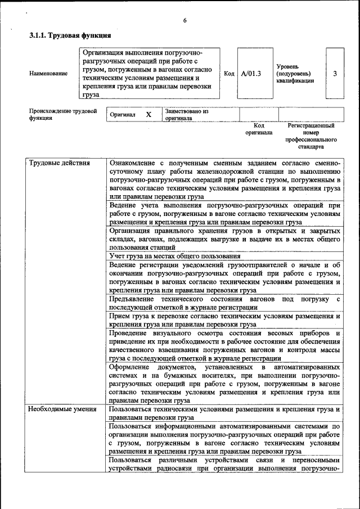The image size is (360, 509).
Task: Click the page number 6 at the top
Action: [x=184, y=21]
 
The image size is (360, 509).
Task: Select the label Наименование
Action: [x=48, y=73]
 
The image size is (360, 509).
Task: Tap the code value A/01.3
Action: [x=251, y=73]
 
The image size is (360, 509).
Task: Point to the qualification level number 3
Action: [x=335, y=73]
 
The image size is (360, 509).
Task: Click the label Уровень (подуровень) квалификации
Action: [x=295, y=73]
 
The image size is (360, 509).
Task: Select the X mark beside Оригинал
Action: [x=148, y=114]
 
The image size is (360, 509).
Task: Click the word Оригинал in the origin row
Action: [x=123, y=114]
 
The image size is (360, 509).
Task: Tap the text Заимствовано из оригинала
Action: [x=186, y=115]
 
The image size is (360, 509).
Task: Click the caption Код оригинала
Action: [x=259, y=129]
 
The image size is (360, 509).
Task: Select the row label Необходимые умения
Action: [x=62, y=409]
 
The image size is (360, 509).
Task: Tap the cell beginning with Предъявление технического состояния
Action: [x=225, y=303]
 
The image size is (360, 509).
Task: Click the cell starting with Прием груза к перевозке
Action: [x=225, y=321]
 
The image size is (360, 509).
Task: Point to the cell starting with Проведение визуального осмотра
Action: [x=225, y=345]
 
